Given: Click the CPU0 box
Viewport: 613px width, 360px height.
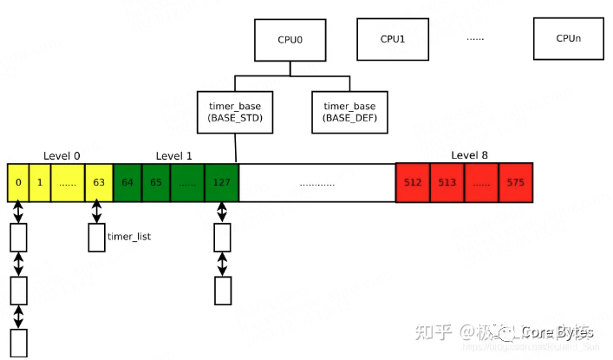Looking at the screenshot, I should pyautogui.click(x=290, y=40).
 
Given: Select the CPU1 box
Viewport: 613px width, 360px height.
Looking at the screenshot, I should pyautogui.click(x=392, y=39).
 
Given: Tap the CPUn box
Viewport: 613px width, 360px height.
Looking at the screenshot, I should pyautogui.click(x=569, y=39).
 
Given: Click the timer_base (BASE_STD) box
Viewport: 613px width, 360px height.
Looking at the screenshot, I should pyautogui.click(x=236, y=112).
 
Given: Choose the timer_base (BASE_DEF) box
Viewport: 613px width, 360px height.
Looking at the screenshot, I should pyautogui.click(x=349, y=112).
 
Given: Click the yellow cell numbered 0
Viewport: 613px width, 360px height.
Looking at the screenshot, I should pyautogui.click(x=17, y=183).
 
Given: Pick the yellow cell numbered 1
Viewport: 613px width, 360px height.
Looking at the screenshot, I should pyautogui.click(x=39, y=183).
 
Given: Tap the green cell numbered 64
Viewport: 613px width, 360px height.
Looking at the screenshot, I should pyautogui.click(x=128, y=183).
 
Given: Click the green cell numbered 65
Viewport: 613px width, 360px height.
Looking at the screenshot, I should pyautogui.click(x=157, y=183).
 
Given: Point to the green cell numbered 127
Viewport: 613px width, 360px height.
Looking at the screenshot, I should pyautogui.click(x=222, y=183).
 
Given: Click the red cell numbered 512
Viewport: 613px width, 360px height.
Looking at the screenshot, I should pyautogui.click(x=412, y=183).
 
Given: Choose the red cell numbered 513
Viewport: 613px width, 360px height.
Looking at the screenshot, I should pyautogui.click(x=447, y=183).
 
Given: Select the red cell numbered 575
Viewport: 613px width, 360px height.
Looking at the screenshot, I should pyautogui.click(x=516, y=183).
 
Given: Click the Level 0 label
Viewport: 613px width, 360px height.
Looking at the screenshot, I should pyautogui.click(x=62, y=156).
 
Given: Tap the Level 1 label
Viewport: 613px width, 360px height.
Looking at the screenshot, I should pyautogui.click(x=174, y=156).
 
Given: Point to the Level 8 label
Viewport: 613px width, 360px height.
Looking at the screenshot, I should pyautogui.click(x=469, y=156).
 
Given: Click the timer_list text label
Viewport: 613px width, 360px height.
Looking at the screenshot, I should pyautogui.click(x=129, y=236).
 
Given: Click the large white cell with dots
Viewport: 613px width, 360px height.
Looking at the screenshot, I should pyautogui.click(x=316, y=183).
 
